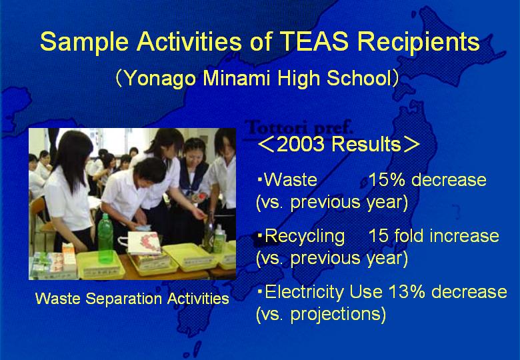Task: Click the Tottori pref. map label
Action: [x=299, y=127]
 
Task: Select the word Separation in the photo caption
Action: [x=123, y=299]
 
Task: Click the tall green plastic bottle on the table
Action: [x=105, y=238]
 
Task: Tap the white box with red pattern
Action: [x=144, y=243]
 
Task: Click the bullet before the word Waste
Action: [x=260, y=180]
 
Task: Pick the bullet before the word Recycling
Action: [x=260, y=236]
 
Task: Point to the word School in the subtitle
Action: [x=359, y=78]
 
